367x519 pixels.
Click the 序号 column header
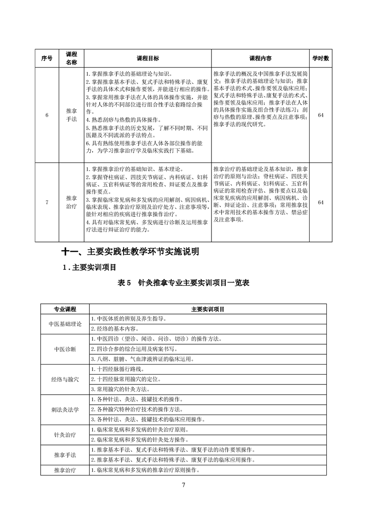47,59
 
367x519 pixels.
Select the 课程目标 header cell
148,59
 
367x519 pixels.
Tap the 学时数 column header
320,59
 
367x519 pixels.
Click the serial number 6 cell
47,115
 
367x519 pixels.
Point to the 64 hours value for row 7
320,202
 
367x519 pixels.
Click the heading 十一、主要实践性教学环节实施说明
131,252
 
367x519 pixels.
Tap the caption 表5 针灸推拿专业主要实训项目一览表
183,283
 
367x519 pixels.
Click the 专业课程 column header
65,309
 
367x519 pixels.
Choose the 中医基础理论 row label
65,324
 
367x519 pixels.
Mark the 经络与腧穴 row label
65,379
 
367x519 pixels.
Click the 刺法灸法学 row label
65,409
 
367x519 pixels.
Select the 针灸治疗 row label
65,435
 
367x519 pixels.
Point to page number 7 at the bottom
184,485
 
